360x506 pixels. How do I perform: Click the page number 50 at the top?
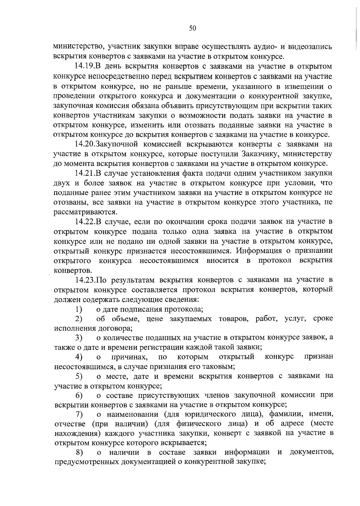(192, 28)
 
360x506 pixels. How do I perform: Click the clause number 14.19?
(85, 66)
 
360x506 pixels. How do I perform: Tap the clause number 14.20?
(85, 144)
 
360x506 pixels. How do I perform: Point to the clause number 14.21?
(85, 173)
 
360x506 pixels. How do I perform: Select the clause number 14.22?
(85, 222)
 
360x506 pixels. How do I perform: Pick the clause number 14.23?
(85, 280)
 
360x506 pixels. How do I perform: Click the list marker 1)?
(79, 309)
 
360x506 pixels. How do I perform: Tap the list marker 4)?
(79, 357)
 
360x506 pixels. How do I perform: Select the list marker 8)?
(79, 452)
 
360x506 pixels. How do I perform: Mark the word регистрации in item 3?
(156, 347)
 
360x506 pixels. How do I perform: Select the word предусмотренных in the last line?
(87, 462)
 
